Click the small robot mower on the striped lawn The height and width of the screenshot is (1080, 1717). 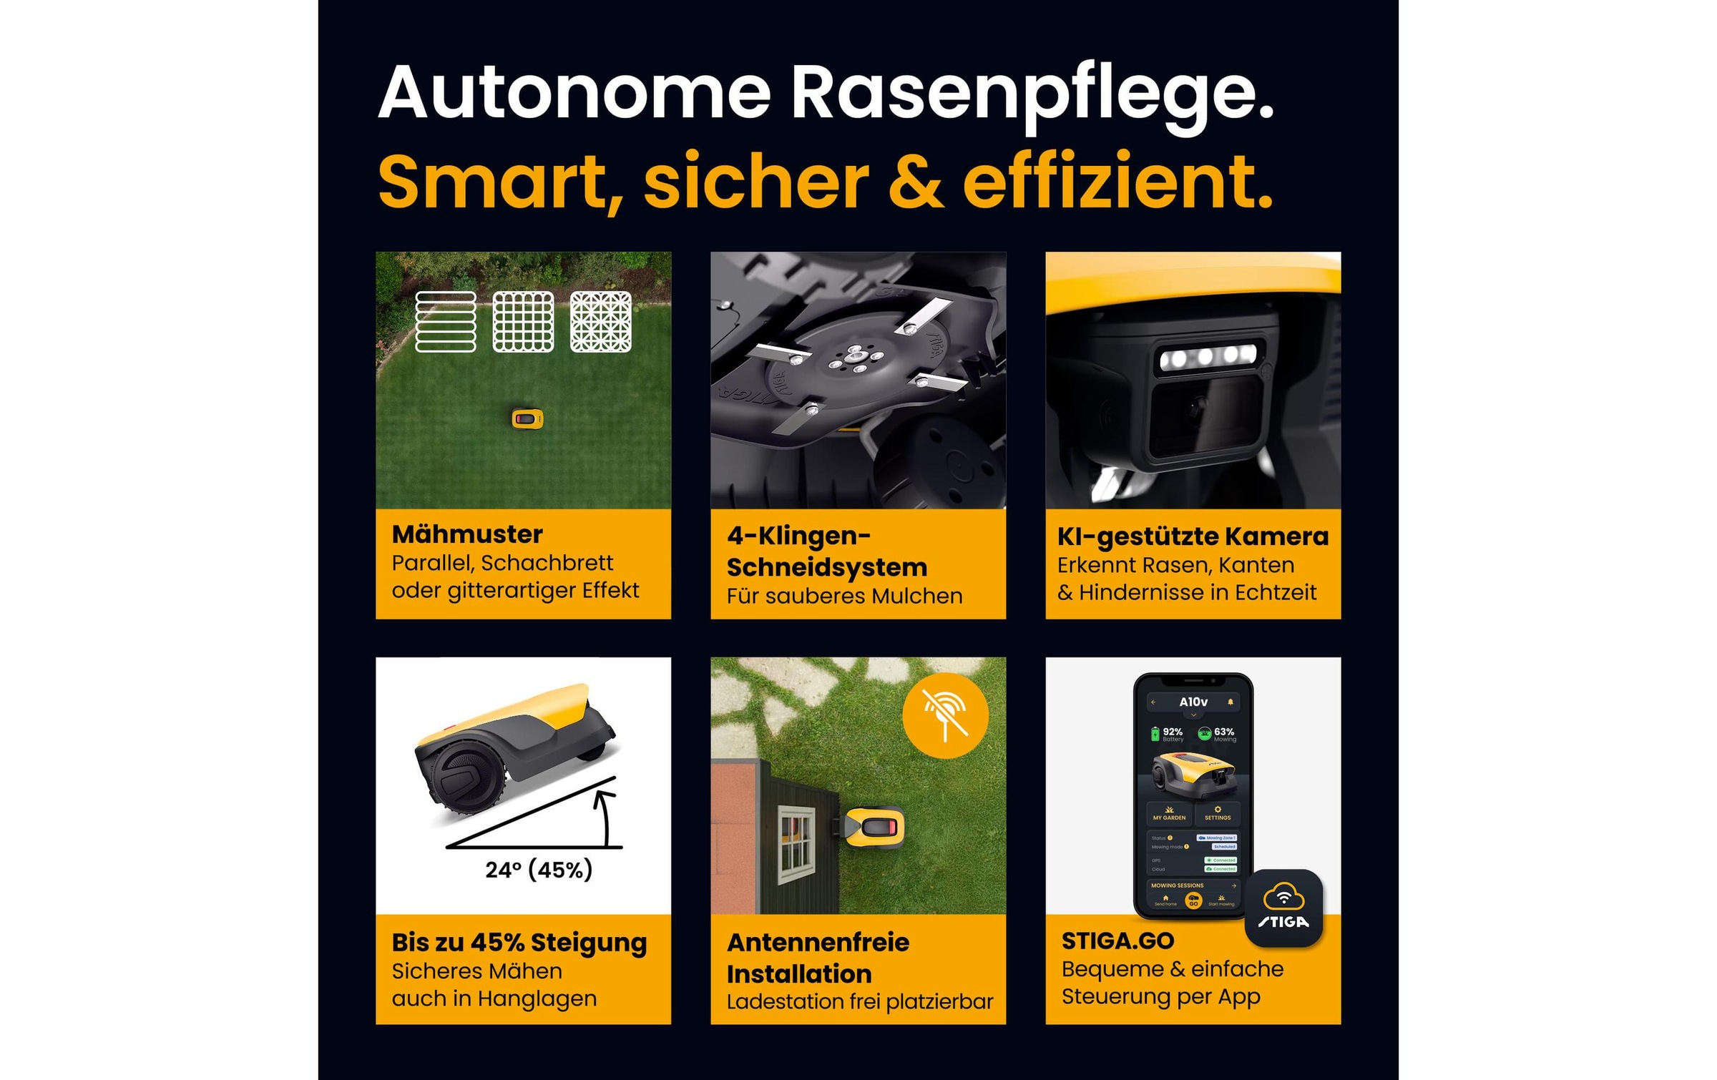coord(527,418)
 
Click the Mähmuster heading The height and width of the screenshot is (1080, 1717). coord(467,534)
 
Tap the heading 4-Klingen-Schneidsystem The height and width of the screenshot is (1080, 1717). coord(826,551)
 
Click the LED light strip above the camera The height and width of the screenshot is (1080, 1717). coord(1207,355)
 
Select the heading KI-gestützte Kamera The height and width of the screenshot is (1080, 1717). coord(1193,536)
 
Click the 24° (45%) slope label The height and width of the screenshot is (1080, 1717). coord(539,870)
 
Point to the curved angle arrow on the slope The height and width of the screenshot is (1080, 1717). coord(605,815)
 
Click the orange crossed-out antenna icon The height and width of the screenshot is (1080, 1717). coord(945,715)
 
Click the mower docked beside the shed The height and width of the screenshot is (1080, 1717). coord(874,828)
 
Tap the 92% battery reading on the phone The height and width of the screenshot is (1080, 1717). coord(1171,732)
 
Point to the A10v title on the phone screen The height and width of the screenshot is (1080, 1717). coord(1193,702)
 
